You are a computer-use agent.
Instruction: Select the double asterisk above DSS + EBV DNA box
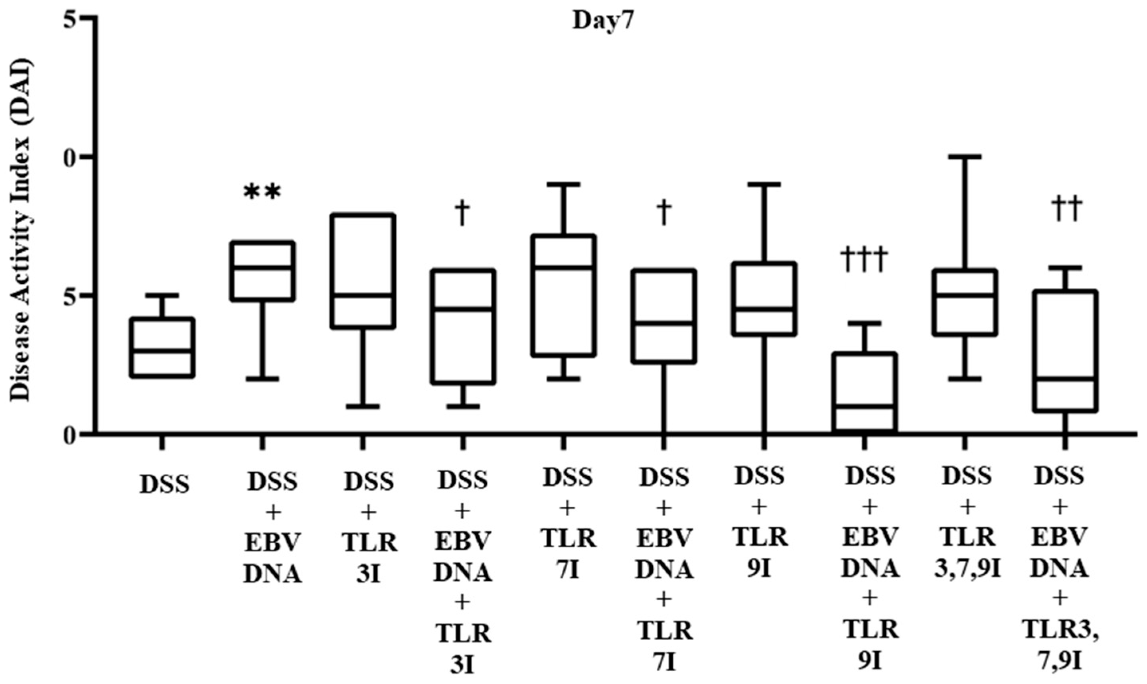(x=262, y=193)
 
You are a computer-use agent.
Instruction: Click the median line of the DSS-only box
(x=162, y=351)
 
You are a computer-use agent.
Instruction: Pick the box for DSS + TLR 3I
(x=363, y=271)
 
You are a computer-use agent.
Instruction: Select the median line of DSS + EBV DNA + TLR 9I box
(x=864, y=407)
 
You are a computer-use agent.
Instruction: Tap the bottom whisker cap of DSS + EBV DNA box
(x=262, y=378)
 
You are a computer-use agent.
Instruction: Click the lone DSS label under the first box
(x=164, y=485)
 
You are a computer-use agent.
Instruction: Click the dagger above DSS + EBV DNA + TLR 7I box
(x=663, y=212)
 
